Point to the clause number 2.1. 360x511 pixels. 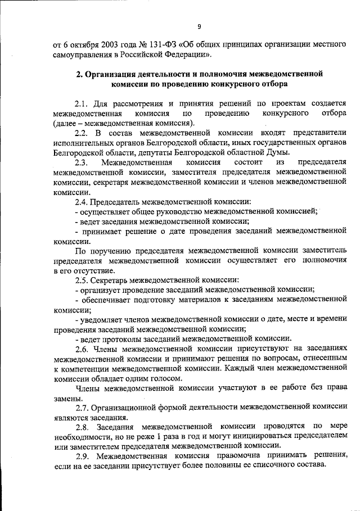coord(81,104)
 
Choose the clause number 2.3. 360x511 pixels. coord(81,162)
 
